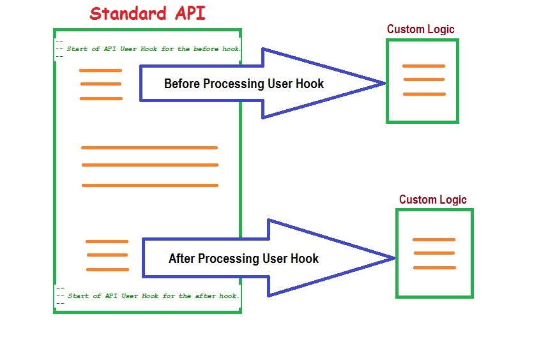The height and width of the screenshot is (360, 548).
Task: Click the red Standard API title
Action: pyautogui.click(x=148, y=13)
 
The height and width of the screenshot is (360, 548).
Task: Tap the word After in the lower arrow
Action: pyautogui.click(x=181, y=259)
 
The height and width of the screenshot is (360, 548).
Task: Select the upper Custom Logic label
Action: pyautogui.click(x=420, y=29)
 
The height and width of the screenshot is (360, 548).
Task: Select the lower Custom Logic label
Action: pyautogui.click(x=432, y=200)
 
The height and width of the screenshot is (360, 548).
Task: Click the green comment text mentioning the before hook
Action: pyautogui.click(x=153, y=49)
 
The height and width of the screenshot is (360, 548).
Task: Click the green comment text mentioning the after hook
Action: pyautogui.click(x=153, y=296)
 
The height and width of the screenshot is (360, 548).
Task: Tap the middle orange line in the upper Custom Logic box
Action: pyautogui.click(x=423, y=80)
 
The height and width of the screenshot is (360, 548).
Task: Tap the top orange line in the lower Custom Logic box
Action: pyautogui.click(x=434, y=239)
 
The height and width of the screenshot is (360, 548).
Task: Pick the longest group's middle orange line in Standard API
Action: pyautogui.click(x=150, y=165)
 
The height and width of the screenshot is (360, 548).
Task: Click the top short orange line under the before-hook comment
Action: pyautogui.click(x=100, y=70)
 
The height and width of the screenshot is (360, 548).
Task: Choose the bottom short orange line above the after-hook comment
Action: pyautogui.click(x=107, y=269)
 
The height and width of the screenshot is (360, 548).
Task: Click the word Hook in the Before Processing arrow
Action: pyautogui.click(x=310, y=84)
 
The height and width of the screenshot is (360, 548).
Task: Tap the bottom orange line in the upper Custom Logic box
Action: pyautogui.click(x=424, y=94)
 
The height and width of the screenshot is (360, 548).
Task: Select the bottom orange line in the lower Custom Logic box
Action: pyautogui.click(x=434, y=267)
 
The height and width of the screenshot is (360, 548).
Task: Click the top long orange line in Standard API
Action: pyautogui.click(x=149, y=147)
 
